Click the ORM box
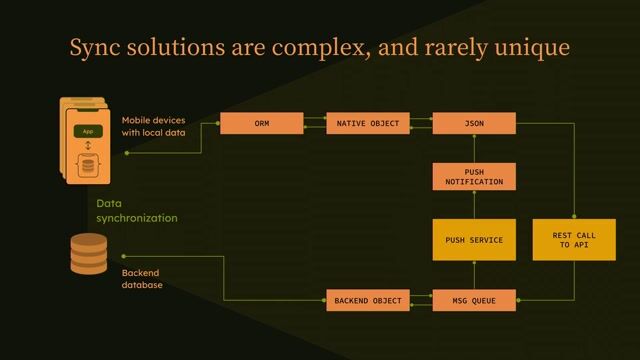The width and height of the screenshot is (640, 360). (261, 124)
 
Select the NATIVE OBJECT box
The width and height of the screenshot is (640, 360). (367, 124)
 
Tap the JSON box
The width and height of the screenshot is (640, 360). (474, 124)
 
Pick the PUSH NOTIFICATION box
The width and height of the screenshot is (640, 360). (474, 177)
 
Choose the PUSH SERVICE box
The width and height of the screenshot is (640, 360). (474, 240)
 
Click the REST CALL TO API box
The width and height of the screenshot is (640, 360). (574, 240)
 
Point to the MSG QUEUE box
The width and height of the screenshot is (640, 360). (474, 300)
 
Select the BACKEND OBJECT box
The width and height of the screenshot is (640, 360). (367, 300)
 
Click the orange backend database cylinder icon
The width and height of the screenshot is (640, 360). (88, 254)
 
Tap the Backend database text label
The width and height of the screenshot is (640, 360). (142, 279)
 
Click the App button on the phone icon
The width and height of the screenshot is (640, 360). (88, 131)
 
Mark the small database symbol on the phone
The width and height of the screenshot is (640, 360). (88, 164)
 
